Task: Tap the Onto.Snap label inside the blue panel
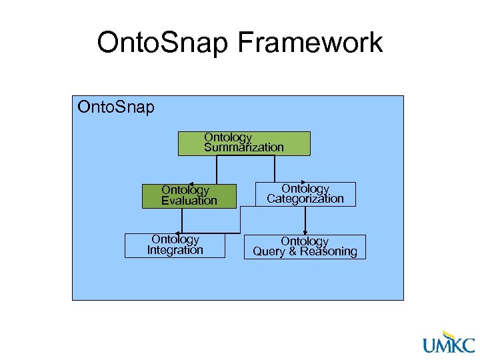click(x=116, y=107)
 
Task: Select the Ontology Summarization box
click(x=244, y=143)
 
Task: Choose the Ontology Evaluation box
click(x=189, y=196)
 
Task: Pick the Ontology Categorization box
click(x=305, y=194)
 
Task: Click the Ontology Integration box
click(x=175, y=245)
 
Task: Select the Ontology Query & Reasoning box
click(x=305, y=247)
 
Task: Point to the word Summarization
click(x=244, y=147)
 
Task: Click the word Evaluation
click(x=189, y=201)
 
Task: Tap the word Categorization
click(x=305, y=199)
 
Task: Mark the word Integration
click(x=175, y=251)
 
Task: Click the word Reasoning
click(x=329, y=252)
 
